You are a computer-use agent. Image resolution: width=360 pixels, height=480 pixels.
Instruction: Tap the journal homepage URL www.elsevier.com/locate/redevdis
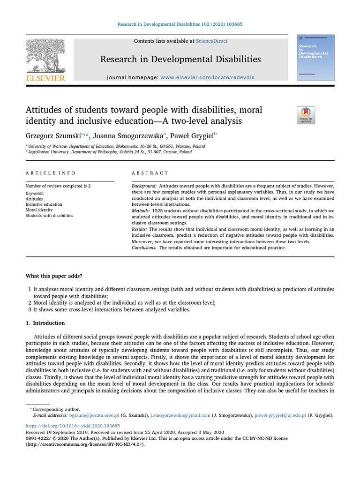201,77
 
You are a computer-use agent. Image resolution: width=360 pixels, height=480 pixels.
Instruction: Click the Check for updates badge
306,115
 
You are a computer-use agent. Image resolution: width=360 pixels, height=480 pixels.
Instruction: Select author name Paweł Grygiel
191,136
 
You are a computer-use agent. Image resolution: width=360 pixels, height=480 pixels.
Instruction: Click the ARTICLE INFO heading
50,173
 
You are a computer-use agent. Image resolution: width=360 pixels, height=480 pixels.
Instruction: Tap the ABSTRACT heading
150,173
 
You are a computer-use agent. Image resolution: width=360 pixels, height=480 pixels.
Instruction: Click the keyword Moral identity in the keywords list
39,210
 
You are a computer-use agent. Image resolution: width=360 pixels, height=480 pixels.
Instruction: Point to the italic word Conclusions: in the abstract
145,247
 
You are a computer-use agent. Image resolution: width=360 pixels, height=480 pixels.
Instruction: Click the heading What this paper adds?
54,276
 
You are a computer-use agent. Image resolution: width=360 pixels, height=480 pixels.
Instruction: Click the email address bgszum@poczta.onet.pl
95,415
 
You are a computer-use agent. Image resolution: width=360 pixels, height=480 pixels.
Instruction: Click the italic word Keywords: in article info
35,193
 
